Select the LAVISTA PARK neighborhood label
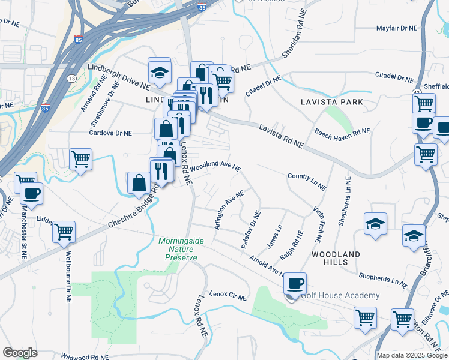(x=332, y=102)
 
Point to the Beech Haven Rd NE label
(x=342, y=131)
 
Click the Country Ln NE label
(x=306, y=182)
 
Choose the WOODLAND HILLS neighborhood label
(x=336, y=258)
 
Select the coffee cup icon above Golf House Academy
(x=294, y=283)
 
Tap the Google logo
(x=20, y=353)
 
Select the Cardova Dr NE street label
(x=110, y=132)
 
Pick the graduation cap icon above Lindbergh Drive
(x=160, y=71)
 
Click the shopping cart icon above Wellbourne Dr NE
(x=64, y=231)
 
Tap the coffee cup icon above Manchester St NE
(x=31, y=194)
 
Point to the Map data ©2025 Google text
(x=412, y=355)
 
